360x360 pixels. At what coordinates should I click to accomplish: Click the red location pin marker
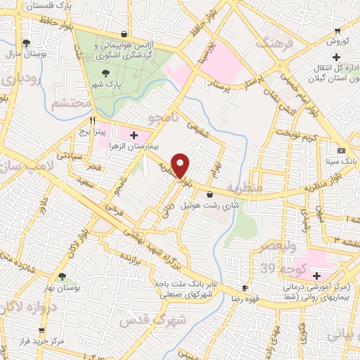click(181, 165)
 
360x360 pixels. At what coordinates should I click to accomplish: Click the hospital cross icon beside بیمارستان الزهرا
click(134, 134)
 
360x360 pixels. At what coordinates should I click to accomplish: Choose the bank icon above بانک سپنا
click(341, 151)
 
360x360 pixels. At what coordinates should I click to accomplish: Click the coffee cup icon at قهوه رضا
click(245, 288)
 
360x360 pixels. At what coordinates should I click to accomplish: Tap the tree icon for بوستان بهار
click(65, 276)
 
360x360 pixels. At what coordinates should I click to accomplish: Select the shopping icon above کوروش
click(337, 30)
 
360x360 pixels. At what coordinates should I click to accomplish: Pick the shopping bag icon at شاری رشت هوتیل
click(210, 195)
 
